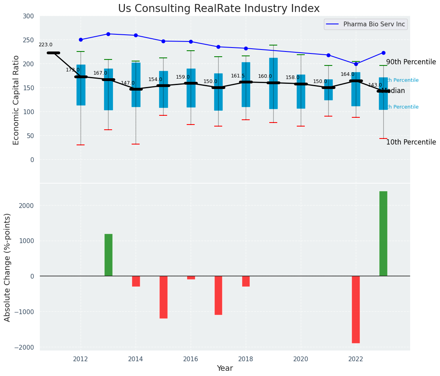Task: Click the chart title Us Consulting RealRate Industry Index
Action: pyautogui.click(x=219, y=9)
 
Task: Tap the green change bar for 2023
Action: pyautogui.click(x=383, y=234)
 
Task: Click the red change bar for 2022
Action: pyautogui.click(x=356, y=309)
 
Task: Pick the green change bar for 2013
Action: pyautogui.click(x=109, y=255)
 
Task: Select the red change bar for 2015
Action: pyautogui.click(x=164, y=297)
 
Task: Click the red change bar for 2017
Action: pyautogui.click(x=218, y=295)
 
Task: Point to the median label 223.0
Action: pyautogui.click(x=45, y=45)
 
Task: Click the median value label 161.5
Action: pyautogui.click(x=238, y=76)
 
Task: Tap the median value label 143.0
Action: pyautogui.click(x=375, y=85)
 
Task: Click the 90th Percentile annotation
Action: pyautogui.click(x=411, y=62)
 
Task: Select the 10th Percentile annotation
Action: pyautogui.click(x=411, y=142)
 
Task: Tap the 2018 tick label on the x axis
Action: pyautogui.click(x=246, y=359)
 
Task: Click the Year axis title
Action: pyautogui.click(x=225, y=368)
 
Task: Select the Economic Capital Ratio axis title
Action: pyautogui.click(x=16, y=100)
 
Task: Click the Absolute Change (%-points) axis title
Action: pyautogui.click(x=8, y=267)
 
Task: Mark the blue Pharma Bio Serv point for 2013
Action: pyautogui.click(x=108, y=34)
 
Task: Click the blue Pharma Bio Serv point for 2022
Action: pyautogui.click(x=356, y=64)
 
